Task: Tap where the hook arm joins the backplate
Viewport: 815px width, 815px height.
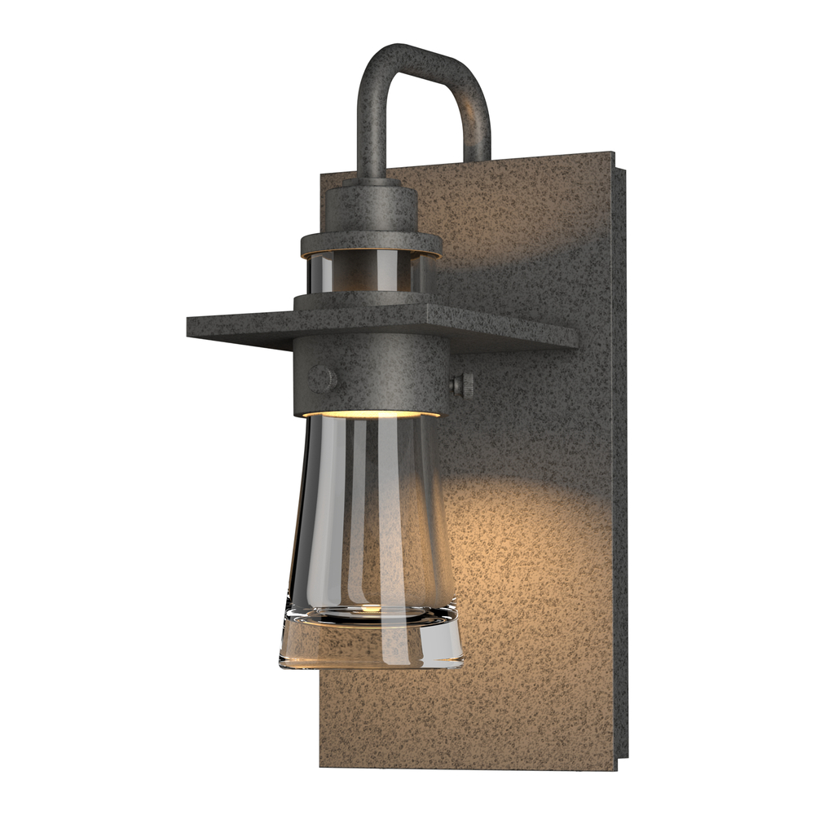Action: click(478, 155)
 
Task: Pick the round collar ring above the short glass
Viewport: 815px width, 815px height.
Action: click(371, 243)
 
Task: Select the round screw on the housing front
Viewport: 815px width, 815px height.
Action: click(323, 378)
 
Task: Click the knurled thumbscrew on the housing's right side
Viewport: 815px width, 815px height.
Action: click(463, 384)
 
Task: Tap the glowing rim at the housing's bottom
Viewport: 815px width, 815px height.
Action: click(371, 415)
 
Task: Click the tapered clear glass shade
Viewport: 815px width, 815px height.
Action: click(371, 513)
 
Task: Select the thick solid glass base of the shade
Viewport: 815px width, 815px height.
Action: click(371, 640)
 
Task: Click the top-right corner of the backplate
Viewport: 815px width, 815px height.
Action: click(613, 153)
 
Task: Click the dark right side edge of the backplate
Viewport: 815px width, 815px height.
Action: click(621, 456)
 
